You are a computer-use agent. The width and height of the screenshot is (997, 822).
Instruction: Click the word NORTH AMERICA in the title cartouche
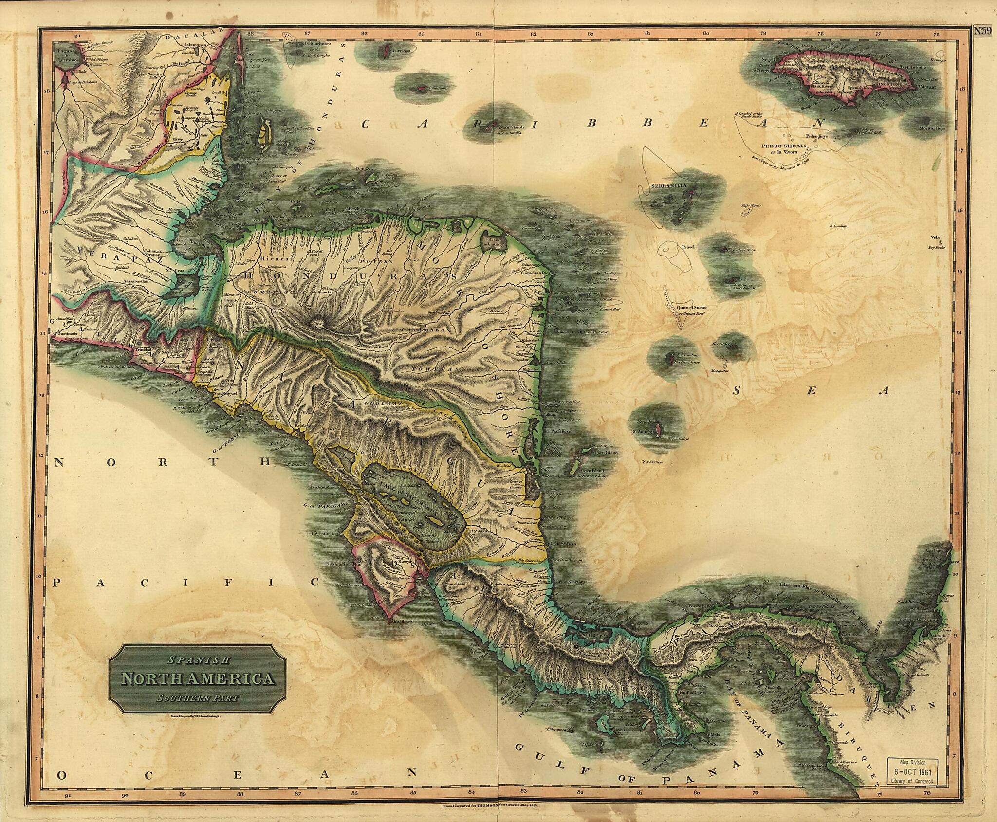pyautogui.click(x=197, y=678)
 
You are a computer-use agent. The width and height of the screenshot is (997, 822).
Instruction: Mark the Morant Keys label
pyautogui.click(x=933, y=128)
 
